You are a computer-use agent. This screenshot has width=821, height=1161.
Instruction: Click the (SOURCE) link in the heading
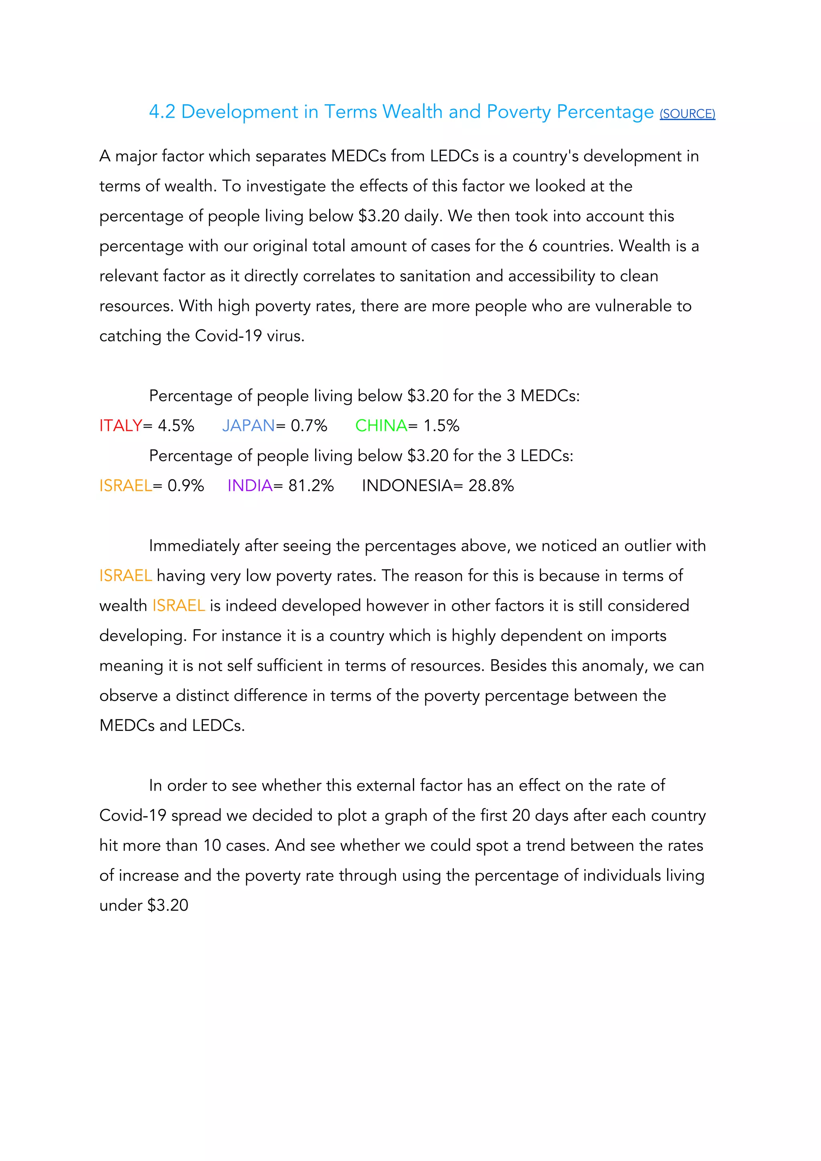[687, 114]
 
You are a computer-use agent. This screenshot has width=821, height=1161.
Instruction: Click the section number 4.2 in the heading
[162, 112]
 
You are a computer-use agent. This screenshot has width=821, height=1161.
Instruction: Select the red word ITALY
[120, 426]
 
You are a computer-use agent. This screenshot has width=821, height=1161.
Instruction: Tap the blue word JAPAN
[248, 426]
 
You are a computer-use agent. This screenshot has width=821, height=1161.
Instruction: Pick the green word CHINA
[381, 426]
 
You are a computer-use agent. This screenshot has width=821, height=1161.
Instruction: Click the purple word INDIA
[249, 485]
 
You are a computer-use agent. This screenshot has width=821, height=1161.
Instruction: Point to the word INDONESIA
[407, 485]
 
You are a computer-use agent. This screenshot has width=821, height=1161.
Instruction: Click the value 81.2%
[311, 485]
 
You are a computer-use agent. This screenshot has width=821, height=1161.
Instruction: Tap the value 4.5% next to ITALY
[176, 426]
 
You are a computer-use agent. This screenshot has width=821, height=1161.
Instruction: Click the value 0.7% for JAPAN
[309, 426]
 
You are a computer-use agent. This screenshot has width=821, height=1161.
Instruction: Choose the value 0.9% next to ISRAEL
[185, 485]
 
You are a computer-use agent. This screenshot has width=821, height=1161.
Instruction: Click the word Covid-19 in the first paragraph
[228, 336]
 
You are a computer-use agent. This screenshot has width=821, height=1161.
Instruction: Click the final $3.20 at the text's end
[168, 905]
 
